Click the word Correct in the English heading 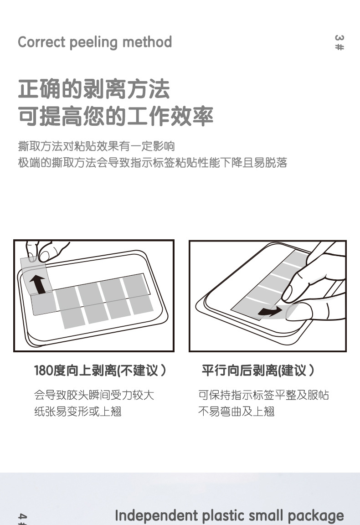click(x=41, y=42)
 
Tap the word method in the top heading click(x=147, y=42)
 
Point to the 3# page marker click(x=339, y=42)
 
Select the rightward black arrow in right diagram click(x=270, y=312)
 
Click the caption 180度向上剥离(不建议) click(x=100, y=371)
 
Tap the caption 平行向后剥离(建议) click(x=258, y=371)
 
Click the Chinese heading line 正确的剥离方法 click(x=94, y=89)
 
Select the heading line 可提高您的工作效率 click(x=116, y=117)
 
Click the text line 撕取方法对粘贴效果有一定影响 click(x=97, y=146)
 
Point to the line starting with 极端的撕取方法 click(x=153, y=163)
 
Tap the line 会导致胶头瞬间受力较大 click(x=94, y=395)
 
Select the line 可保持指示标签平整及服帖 click(x=263, y=395)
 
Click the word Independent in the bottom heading click(x=156, y=516)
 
